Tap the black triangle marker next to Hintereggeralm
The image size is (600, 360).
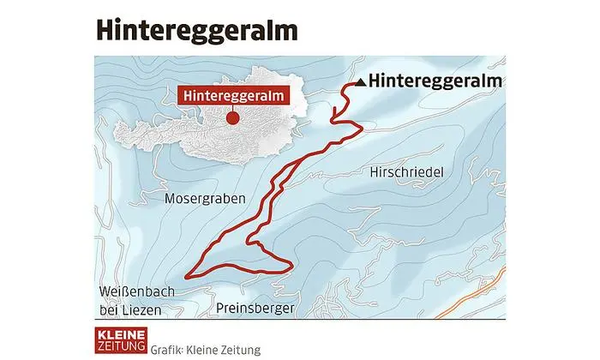point(360,82)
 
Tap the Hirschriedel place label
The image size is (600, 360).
point(405,172)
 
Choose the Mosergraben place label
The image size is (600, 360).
point(204,198)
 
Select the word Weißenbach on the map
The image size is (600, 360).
point(136,291)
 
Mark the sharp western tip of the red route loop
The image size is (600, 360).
point(188,273)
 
